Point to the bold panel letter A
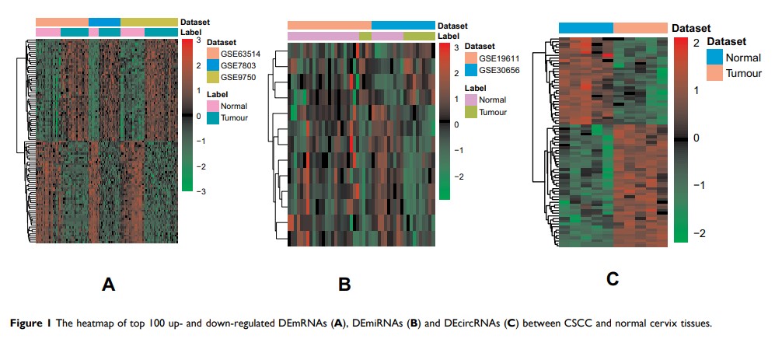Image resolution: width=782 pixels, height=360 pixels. [x=109, y=285]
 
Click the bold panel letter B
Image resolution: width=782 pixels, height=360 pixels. [x=344, y=285]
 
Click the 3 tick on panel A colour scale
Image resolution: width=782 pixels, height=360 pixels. [x=198, y=40]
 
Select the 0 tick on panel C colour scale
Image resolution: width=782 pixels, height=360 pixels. [x=696, y=138]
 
